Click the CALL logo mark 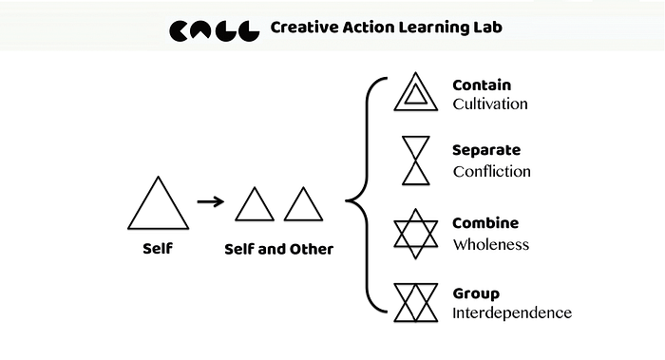[x=214, y=30]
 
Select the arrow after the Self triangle [x=211, y=201]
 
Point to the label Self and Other [x=278, y=249]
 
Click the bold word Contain [x=482, y=85]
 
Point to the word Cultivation [x=490, y=104]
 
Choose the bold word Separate [x=486, y=150]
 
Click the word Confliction [x=491, y=171]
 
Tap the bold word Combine [x=485, y=222]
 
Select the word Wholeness [x=491, y=244]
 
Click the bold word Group [x=476, y=294]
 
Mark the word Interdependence [x=512, y=313]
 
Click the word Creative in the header [x=304, y=28]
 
